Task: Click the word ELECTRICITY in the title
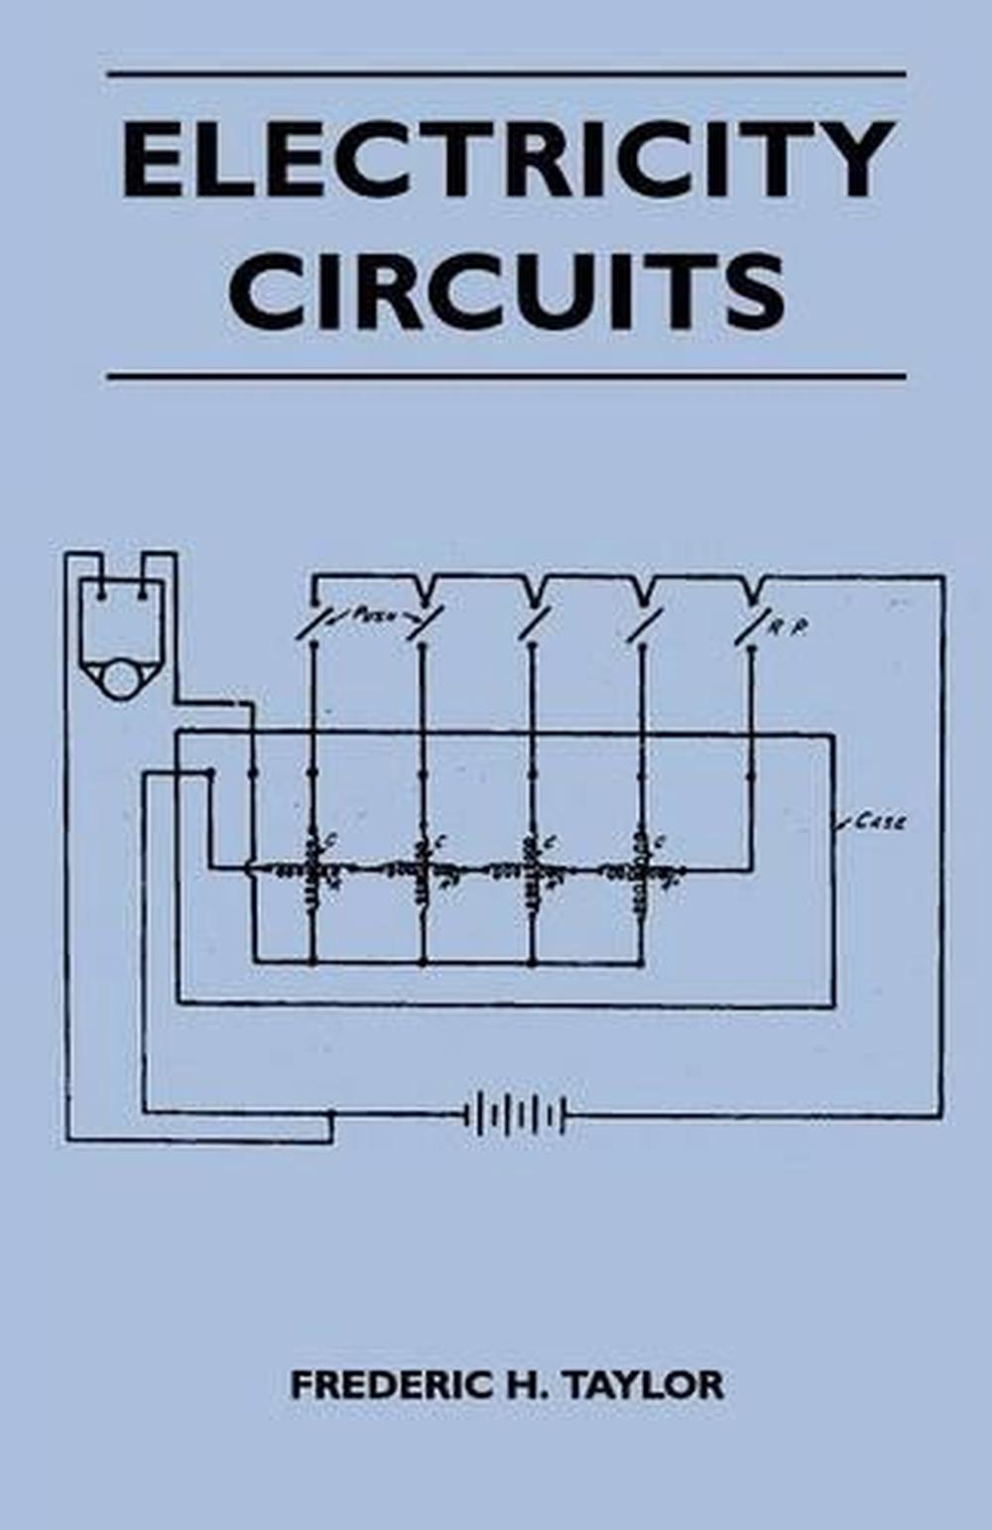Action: click(x=508, y=161)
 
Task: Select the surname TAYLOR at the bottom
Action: click(x=646, y=1385)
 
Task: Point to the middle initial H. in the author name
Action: click(x=520, y=1385)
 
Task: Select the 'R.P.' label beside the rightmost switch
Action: click(x=789, y=627)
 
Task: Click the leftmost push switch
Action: click(x=313, y=625)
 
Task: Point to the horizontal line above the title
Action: click(x=506, y=74)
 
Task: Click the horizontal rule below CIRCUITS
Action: click(x=506, y=377)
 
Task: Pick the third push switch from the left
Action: click(x=534, y=625)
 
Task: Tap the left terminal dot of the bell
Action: click(x=101, y=596)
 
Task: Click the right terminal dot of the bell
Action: click(x=144, y=596)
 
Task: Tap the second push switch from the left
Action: click(x=425, y=625)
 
